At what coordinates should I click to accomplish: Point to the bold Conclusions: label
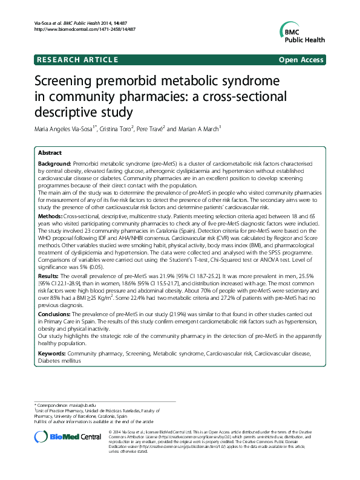(56, 315)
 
